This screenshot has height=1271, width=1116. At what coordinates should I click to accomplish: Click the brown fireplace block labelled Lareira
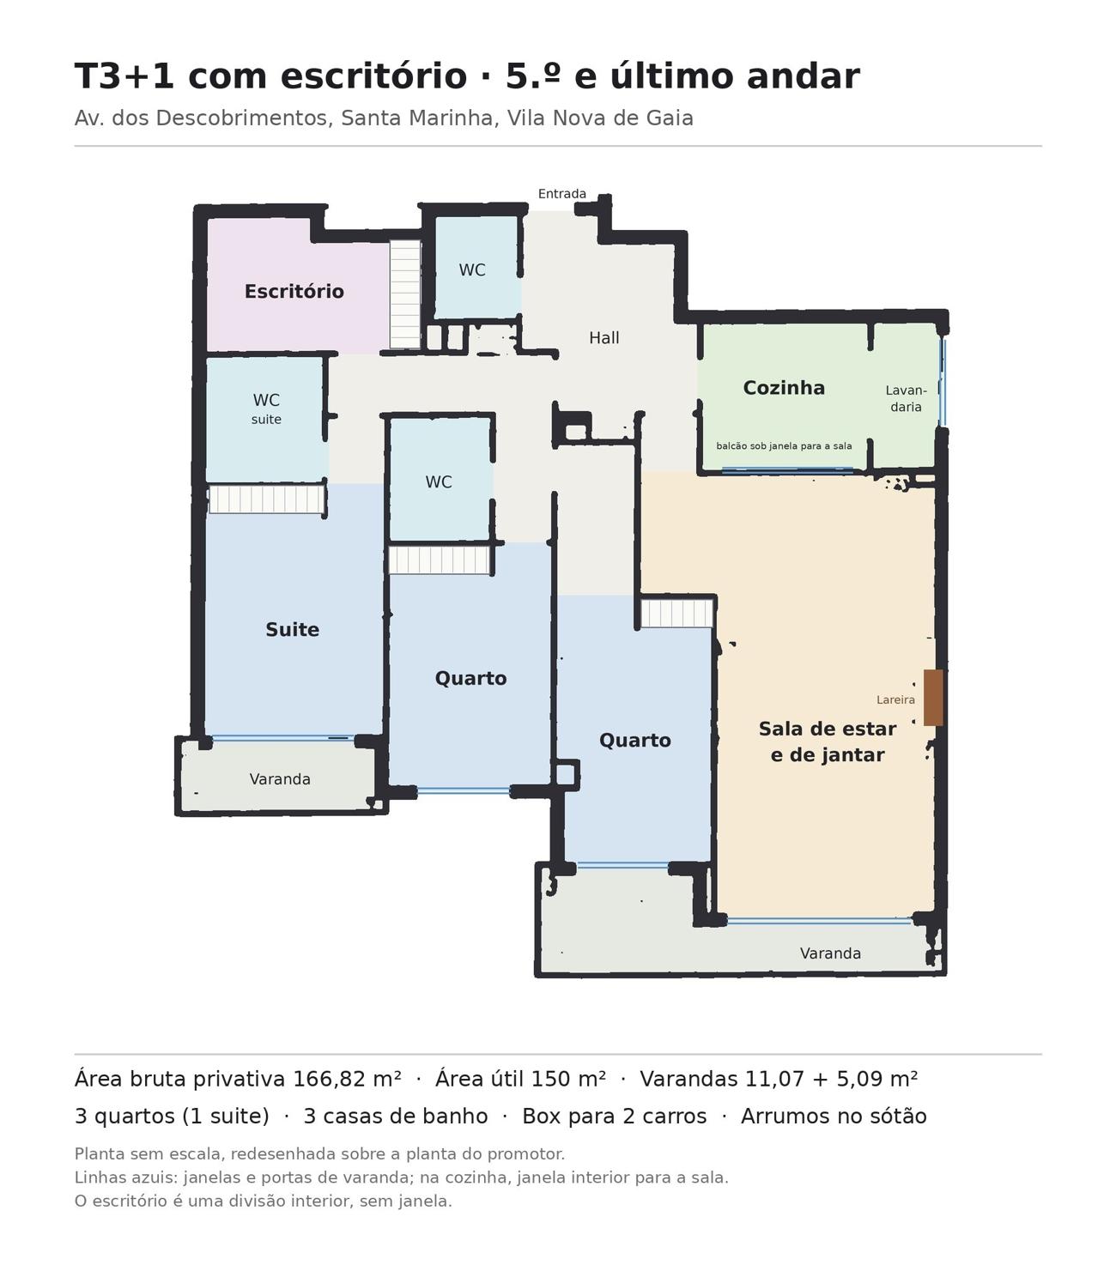click(933, 697)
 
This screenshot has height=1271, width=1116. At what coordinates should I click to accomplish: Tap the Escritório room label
click(294, 291)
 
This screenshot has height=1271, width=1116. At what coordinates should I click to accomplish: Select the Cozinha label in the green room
click(783, 388)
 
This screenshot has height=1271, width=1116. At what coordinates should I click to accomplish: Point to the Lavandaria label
click(906, 398)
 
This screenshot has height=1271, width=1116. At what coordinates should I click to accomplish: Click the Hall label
click(603, 337)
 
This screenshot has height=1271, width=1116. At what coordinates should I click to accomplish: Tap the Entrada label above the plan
click(561, 194)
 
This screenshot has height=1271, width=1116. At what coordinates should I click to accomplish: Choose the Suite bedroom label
click(292, 629)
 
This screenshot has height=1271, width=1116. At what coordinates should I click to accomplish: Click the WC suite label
click(266, 409)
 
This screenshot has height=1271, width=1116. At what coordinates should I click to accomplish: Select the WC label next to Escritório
click(472, 269)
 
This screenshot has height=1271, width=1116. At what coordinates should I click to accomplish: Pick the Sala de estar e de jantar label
click(828, 741)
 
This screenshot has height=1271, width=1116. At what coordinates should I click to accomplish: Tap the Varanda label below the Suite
click(280, 779)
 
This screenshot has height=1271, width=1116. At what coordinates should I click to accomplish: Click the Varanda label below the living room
click(830, 953)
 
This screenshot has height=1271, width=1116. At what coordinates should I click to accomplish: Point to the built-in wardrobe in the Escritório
click(405, 294)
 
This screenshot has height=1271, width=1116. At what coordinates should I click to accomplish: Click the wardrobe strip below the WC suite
click(267, 499)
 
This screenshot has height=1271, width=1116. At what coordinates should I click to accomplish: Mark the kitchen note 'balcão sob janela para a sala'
click(784, 446)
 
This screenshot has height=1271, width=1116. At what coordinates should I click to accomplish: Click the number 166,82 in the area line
click(330, 1079)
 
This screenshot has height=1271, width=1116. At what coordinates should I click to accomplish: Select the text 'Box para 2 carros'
click(614, 1117)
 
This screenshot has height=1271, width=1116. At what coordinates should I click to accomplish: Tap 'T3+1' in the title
click(124, 76)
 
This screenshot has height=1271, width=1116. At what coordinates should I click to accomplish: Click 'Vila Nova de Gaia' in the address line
click(600, 118)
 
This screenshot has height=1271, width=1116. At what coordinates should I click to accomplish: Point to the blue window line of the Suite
click(283, 738)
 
